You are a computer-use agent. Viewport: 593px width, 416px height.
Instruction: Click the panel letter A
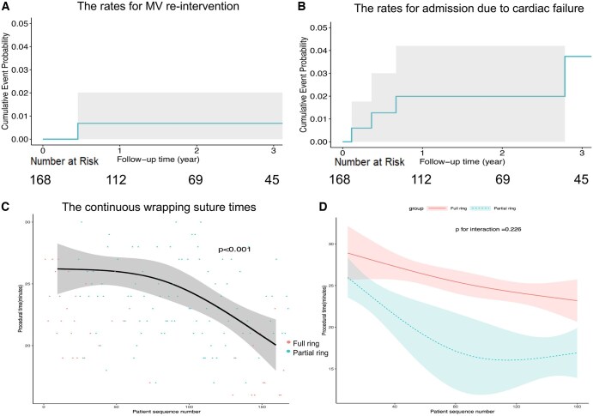pos(8,6)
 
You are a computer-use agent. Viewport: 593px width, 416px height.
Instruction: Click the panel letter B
pos(301,6)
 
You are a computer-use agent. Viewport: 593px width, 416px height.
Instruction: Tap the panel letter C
pos(7,206)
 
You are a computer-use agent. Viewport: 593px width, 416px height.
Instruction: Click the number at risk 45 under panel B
pos(581,180)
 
